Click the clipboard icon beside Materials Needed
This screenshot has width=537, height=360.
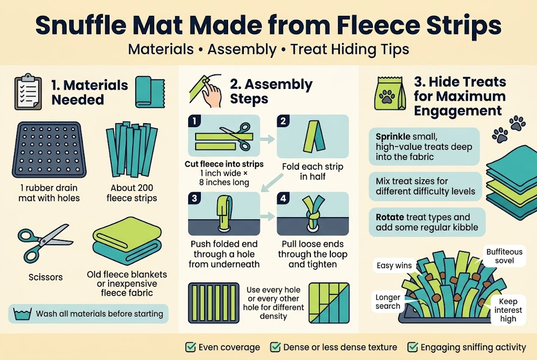click(x=28, y=93)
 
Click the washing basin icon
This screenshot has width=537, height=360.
click(x=22, y=314)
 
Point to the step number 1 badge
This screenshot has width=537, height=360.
click(x=195, y=122)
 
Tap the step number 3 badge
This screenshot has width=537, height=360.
click(x=195, y=199)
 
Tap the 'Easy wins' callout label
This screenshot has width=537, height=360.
click(x=394, y=266)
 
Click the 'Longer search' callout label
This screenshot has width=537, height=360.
click(x=388, y=302)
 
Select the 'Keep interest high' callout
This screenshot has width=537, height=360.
click(x=508, y=310)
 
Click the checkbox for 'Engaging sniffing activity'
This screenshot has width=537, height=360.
click(x=412, y=347)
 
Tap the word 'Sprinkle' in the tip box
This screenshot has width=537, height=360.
click(x=393, y=137)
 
